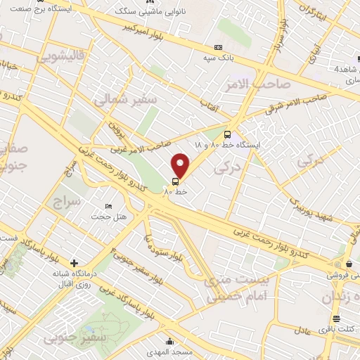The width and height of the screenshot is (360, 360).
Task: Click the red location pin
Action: point(181,166)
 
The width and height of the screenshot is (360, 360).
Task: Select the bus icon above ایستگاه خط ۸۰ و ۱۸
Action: point(227,134)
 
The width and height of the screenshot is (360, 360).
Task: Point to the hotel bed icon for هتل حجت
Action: point(108,206)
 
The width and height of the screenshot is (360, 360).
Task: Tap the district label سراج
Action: point(67,202)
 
